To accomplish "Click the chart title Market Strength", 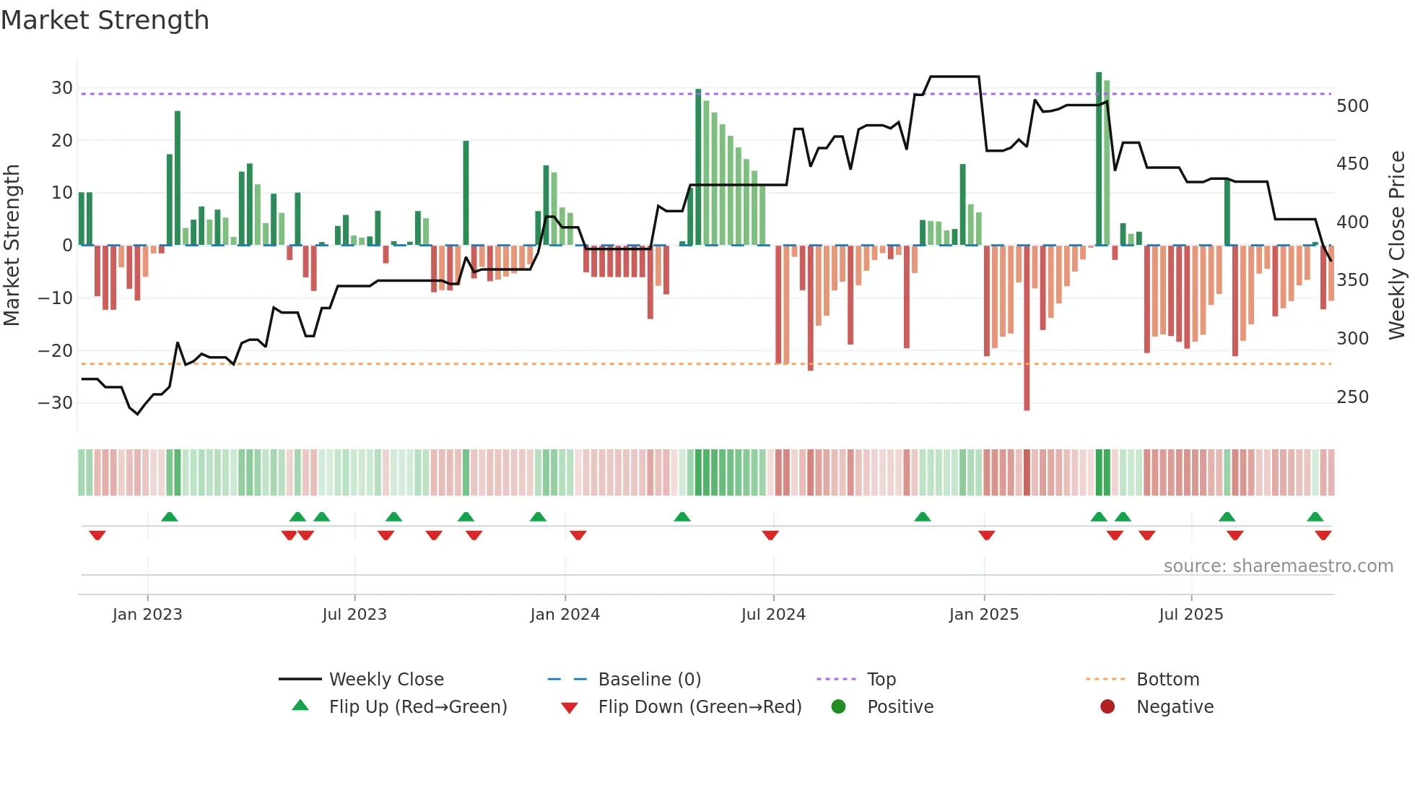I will (105, 20).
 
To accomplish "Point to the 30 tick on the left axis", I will (61, 88).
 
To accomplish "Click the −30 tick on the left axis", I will (56, 403).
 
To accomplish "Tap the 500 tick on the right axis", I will (1352, 106).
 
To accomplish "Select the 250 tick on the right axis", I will (1352, 397).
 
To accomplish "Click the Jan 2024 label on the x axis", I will (565, 615).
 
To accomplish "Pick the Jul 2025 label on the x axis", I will (1190, 615).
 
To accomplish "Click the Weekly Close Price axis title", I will (1397, 246).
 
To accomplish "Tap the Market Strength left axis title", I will (12, 246).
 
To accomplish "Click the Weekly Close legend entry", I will (386, 680).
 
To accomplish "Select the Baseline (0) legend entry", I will (649, 680).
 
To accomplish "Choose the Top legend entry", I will (881, 680).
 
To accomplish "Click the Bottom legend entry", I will (1167, 680).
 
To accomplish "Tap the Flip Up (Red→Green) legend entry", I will (417, 707).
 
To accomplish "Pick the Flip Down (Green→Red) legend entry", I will (699, 707).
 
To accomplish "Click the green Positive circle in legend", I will (838, 706).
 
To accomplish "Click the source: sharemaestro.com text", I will (1278, 566).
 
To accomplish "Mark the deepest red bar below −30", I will (1027, 329).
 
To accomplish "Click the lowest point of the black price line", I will (138, 414).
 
